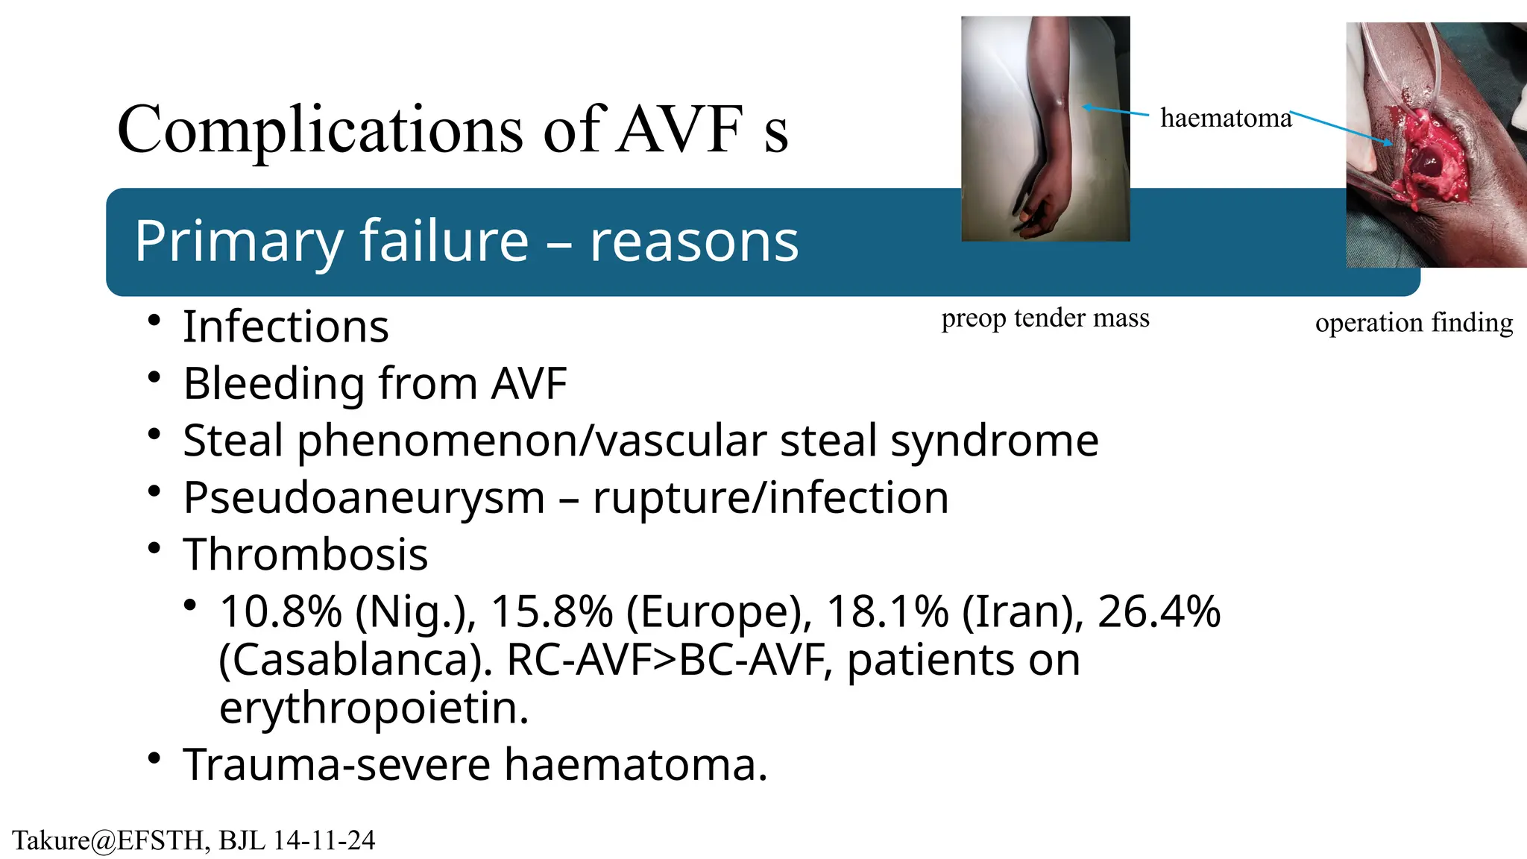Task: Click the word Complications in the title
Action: point(321,130)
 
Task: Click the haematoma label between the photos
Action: point(1226,119)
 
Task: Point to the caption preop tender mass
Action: point(1045,318)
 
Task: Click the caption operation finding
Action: point(1414,323)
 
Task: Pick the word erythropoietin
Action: point(374,708)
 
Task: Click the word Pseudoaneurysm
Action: point(364,497)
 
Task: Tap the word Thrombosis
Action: point(306,555)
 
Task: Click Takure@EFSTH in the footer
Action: point(108,840)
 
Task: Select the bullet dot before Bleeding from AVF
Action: point(154,377)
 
